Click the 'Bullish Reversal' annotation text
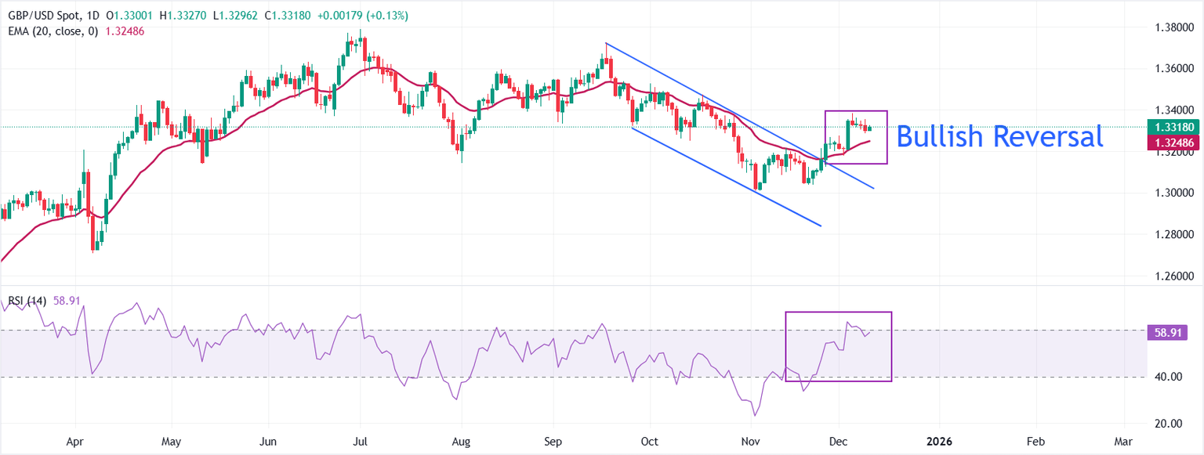(999, 136)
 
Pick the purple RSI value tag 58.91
(1166, 333)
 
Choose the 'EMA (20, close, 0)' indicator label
(51, 31)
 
